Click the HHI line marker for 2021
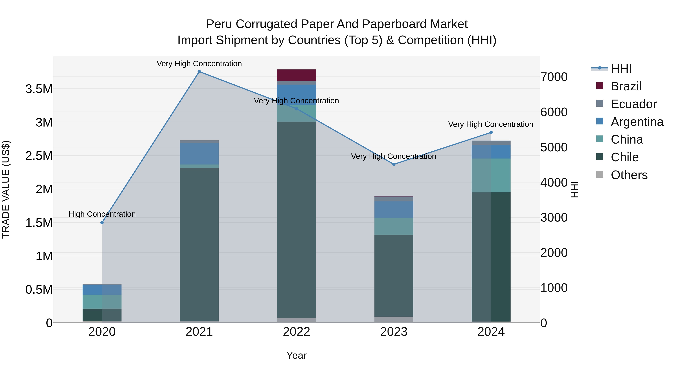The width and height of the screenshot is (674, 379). [x=199, y=72]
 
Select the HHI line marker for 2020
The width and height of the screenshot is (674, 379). [x=102, y=223]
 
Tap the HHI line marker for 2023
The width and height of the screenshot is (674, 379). [x=394, y=164]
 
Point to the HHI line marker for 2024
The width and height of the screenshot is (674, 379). [x=491, y=133]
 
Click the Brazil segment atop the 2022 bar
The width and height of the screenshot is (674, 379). [x=296, y=75]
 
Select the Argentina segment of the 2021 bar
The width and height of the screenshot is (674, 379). [x=199, y=154]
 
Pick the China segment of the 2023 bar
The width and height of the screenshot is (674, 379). [x=394, y=226]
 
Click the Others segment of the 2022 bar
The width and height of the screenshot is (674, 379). [x=296, y=320]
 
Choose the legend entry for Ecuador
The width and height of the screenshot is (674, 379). [x=633, y=104]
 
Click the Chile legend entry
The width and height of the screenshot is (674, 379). [x=625, y=157]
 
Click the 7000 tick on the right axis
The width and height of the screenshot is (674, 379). [x=554, y=77]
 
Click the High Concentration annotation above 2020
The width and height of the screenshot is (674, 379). [x=102, y=214]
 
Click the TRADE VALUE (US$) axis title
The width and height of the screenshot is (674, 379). [x=6, y=189]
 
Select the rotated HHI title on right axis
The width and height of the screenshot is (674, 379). [x=575, y=189]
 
